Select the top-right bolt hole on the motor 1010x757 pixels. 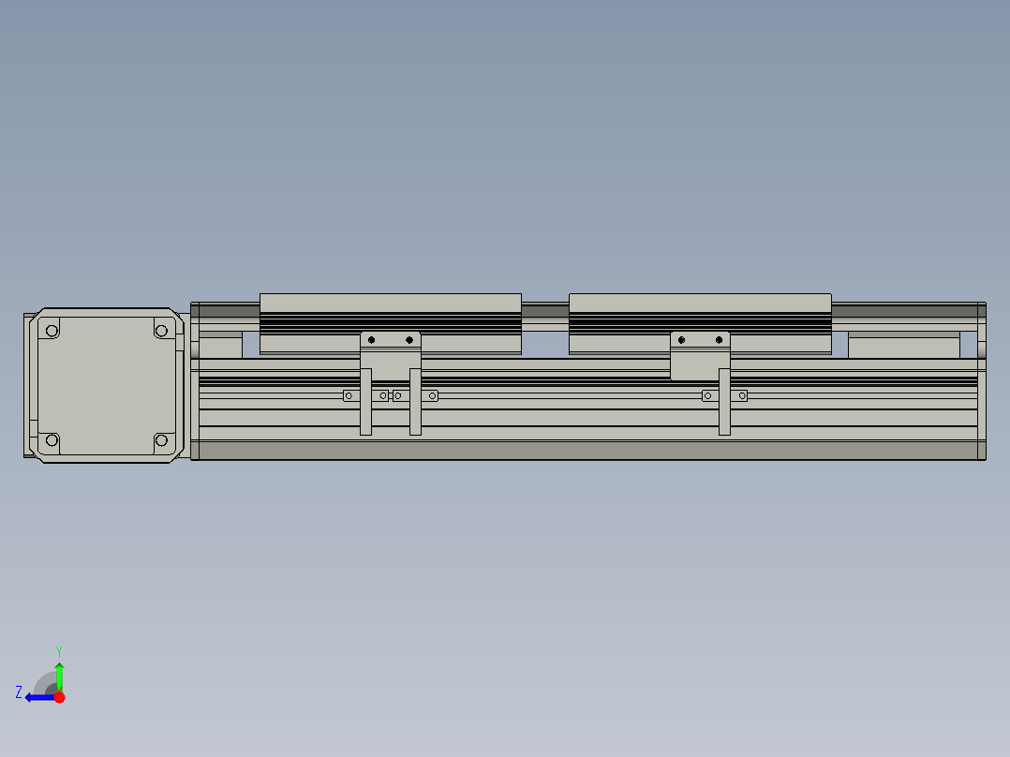coord(161,330)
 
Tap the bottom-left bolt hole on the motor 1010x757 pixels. coord(52,440)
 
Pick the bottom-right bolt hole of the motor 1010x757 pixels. coord(161,440)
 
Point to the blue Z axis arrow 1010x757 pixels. coord(37,697)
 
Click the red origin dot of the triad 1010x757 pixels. coord(59,697)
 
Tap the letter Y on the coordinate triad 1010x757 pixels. coord(58,649)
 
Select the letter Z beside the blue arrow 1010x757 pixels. coord(19,692)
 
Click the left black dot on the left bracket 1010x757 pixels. coord(372,339)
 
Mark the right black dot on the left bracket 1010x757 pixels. coord(408,339)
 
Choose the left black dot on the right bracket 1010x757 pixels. coord(681,339)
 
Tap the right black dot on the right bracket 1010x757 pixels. coord(719,339)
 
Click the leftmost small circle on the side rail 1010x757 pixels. coord(349,395)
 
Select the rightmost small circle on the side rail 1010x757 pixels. coord(742,395)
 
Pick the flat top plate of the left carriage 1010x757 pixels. coord(390,303)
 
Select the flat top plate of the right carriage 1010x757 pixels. coord(699,303)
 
